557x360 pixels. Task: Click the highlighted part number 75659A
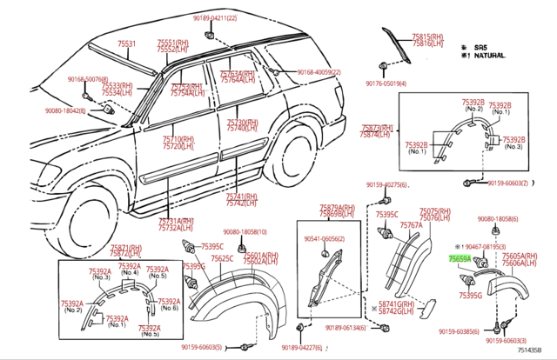(460, 258)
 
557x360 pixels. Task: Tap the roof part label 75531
(127, 43)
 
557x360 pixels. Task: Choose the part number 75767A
(411, 225)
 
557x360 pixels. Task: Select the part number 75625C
(222, 258)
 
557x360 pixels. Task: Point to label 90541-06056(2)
(324, 238)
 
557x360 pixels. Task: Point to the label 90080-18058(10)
(245, 232)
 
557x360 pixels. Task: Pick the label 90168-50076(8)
(88, 78)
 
